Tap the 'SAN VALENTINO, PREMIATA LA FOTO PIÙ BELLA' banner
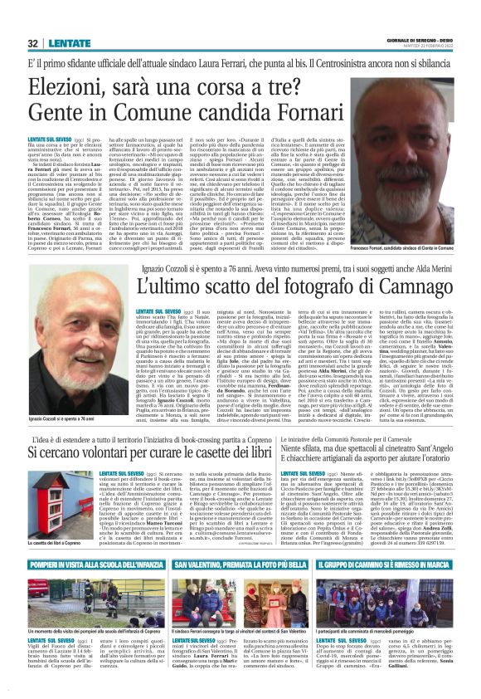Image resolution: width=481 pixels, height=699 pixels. point(241,587)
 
